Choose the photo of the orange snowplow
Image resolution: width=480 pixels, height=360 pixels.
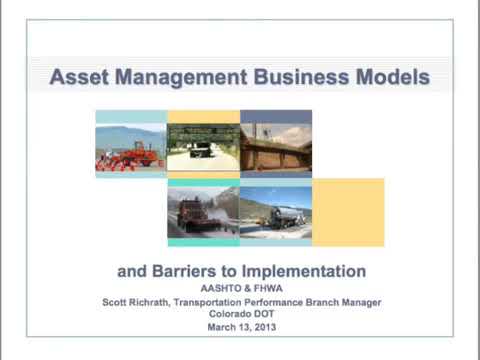[x=203, y=212]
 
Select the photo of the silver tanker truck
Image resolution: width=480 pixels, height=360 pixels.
[x=276, y=212]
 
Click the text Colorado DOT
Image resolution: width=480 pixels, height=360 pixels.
[x=240, y=313]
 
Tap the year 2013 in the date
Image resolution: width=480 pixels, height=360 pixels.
[x=261, y=326]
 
